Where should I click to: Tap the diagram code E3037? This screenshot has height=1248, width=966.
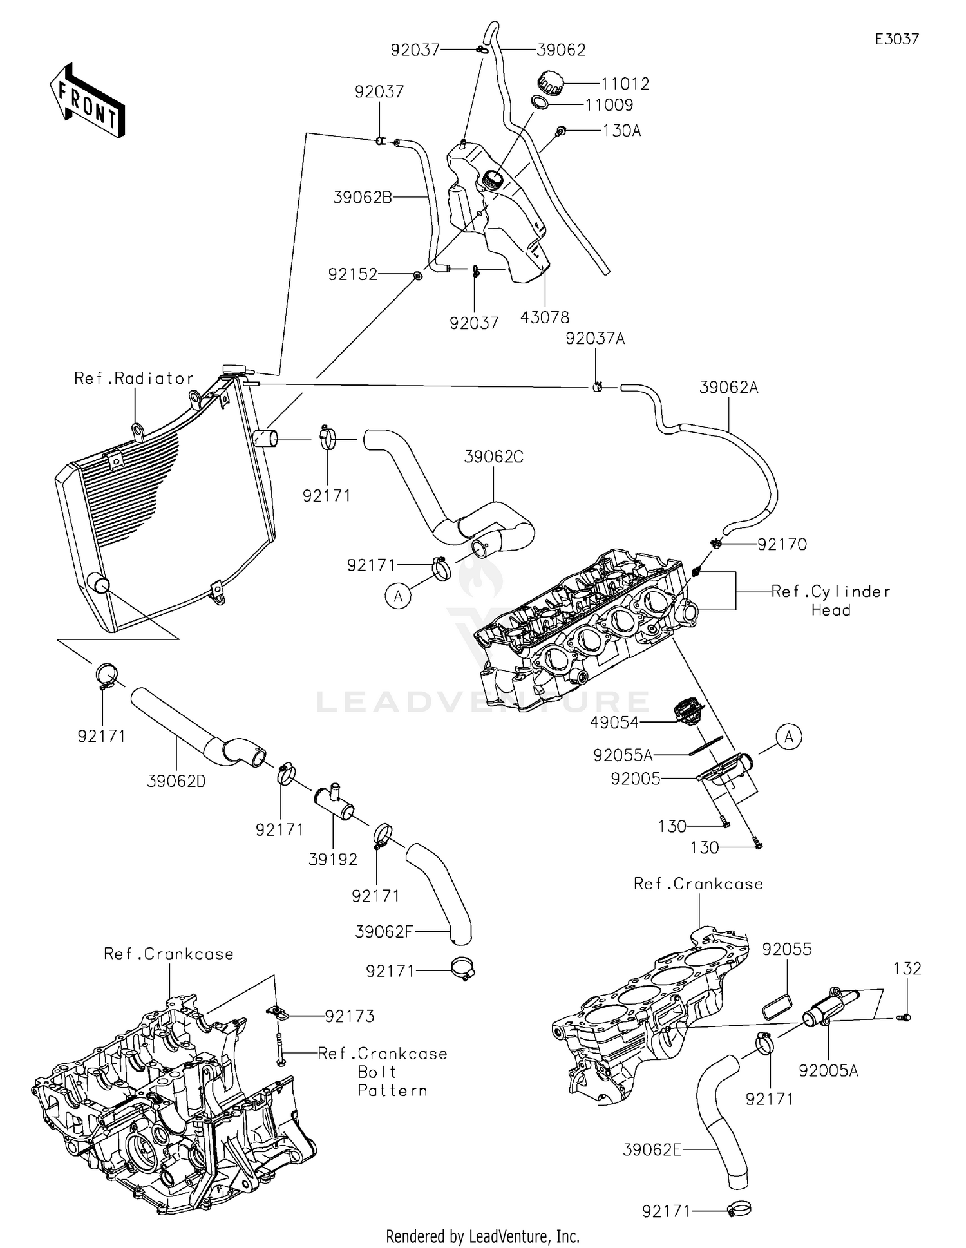(x=896, y=39)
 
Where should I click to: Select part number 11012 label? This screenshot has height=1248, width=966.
(x=625, y=84)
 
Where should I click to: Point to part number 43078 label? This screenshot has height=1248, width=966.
(x=545, y=317)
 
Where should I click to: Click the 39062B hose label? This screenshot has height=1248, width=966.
(x=363, y=197)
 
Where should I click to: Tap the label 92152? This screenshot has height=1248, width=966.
(x=353, y=275)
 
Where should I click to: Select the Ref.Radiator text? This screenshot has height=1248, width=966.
(x=134, y=378)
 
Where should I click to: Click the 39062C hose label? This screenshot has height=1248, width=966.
(x=494, y=457)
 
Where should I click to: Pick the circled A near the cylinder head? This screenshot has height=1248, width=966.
(x=398, y=596)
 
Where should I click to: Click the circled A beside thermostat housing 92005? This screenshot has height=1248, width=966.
(x=789, y=737)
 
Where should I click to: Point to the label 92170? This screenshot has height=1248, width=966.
(x=782, y=545)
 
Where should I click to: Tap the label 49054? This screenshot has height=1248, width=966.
(x=614, y=723)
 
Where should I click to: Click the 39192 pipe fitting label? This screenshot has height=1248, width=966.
(x=333, y=860)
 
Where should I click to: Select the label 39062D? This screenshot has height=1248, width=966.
(x=176, y=782)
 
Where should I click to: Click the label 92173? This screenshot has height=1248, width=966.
(x=350, y=1016)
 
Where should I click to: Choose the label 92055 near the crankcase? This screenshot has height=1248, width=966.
(x=787, y=949)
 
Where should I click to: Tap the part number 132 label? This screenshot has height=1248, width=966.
(x=907, y=969)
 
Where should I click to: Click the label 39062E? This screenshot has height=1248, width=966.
(x=652, y=1149)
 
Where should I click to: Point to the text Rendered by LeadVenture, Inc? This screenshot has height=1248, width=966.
(x=483, y=1236)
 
